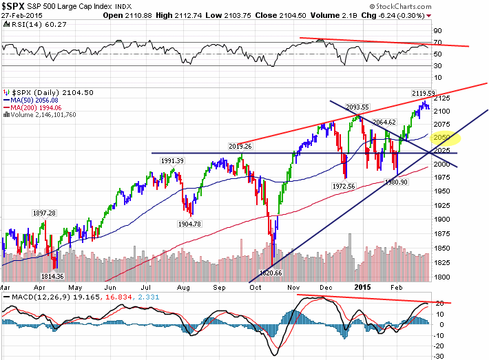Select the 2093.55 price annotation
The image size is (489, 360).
357,107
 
